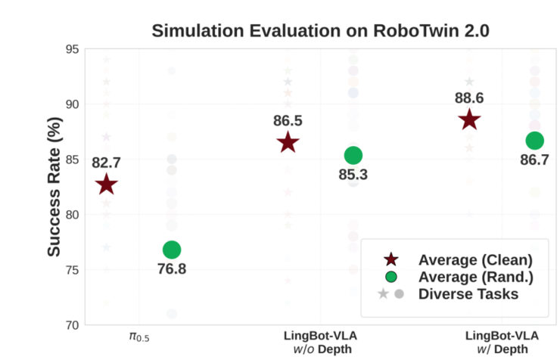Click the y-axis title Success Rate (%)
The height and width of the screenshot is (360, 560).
(54, 187)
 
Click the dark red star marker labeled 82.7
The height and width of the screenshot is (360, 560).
(107, 184)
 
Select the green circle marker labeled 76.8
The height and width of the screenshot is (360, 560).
(172, 250)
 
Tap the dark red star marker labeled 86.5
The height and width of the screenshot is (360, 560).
(288, 142)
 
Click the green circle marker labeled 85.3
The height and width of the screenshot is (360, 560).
(353, 155)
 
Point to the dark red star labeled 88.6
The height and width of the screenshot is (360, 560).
(469, 119)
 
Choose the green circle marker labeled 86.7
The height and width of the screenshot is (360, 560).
(535, 140)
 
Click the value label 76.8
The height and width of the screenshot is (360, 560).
(171, 270)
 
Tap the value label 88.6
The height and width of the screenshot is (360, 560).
(469, 98)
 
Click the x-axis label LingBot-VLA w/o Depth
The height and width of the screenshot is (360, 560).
(320, 341)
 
